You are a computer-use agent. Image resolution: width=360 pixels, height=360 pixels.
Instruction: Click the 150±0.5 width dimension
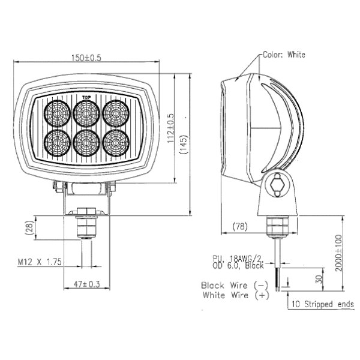[x=87, y=58]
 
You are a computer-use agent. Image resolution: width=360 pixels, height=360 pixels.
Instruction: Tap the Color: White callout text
[x=284, y=55]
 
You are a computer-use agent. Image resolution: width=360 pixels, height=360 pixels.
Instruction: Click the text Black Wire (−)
[x=235, y=285]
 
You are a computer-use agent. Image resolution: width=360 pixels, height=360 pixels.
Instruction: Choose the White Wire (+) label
[x=235, y=295]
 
